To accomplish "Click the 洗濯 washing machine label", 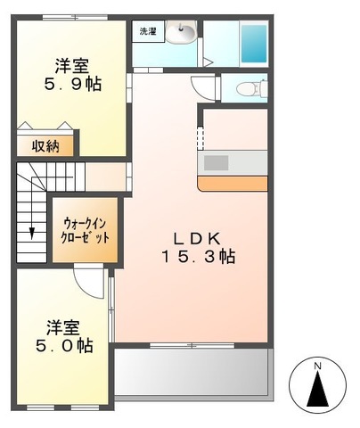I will (145, 32).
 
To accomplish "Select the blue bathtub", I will (255, 42).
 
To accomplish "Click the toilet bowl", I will (253, 87).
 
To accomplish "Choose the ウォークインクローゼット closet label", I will (86, 232).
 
